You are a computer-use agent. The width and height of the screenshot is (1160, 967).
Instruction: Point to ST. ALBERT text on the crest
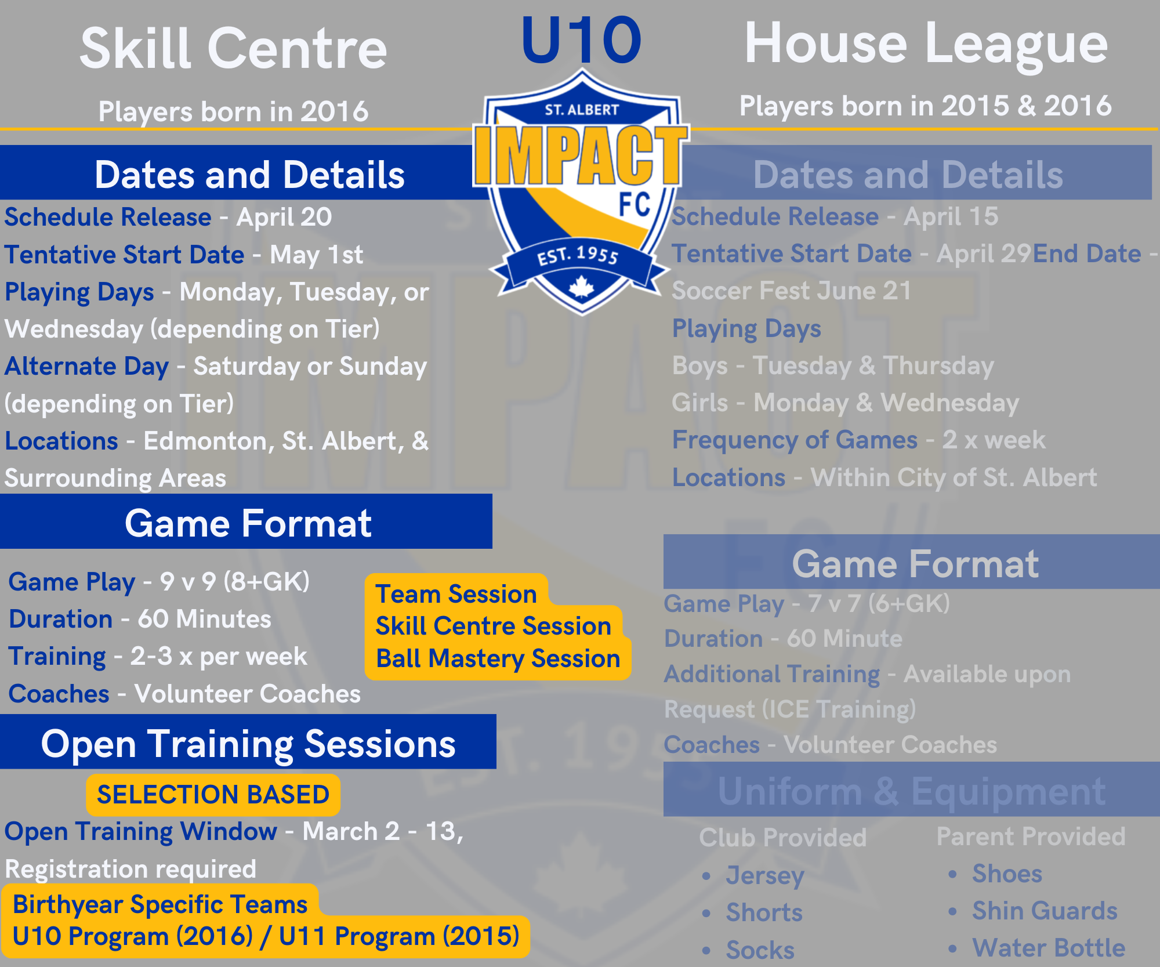(582, 110)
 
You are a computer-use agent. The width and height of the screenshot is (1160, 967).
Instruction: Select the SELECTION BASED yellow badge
(213, 795)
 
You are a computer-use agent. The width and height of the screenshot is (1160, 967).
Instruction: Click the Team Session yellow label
(456, 593)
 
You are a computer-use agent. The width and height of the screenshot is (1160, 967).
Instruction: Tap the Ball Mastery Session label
(498, 658)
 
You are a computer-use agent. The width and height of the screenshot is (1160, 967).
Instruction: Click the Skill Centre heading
(233, 49)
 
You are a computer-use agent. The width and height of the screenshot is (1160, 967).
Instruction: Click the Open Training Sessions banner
(248, 743)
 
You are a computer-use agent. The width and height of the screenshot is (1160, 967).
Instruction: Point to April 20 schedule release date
(284, 218)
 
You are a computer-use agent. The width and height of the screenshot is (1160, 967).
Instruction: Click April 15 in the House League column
(951, 217)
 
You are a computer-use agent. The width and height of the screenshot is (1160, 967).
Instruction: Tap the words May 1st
(317, 255)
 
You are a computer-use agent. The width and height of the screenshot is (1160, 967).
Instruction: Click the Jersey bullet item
(765, 875)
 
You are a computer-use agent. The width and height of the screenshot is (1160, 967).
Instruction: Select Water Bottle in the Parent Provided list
(1049, 948)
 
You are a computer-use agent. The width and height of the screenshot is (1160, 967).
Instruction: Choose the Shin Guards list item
(1045, 911)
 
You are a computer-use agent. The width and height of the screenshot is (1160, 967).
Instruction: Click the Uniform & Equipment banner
(912, 789)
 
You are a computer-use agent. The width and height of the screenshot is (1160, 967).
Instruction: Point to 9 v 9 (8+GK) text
(235, 582)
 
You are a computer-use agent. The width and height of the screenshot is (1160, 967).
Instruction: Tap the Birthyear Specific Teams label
(160, 904)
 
